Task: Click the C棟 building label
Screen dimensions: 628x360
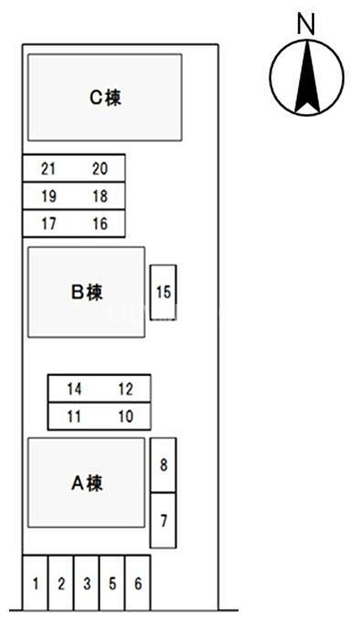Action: [105, 97]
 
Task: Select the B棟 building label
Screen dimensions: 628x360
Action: [87, 292]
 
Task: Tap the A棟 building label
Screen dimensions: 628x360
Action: [87, 483]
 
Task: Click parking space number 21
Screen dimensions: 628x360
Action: [48, 169]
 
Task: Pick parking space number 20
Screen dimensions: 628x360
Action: [100, 169]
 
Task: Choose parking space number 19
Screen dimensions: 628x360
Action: [48, 196]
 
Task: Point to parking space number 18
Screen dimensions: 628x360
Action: [100, 196]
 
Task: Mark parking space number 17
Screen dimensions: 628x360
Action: [48, 224]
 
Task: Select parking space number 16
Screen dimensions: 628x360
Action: [100, 224]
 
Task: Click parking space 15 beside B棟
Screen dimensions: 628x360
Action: [163, 292]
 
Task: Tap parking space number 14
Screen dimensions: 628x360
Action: [74, 389]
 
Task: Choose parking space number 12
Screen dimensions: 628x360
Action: [125, 389]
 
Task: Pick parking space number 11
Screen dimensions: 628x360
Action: [74, 416]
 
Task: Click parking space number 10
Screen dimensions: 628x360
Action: [125, 416]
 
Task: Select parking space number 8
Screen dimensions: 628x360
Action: [164, 466]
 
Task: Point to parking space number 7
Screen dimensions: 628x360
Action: [164, 521]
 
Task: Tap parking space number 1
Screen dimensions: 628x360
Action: [35, 584]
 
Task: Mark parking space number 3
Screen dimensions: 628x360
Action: [87, 584]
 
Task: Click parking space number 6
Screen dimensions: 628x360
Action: [138, 584]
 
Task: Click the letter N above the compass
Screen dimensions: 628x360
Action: [307, 24]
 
